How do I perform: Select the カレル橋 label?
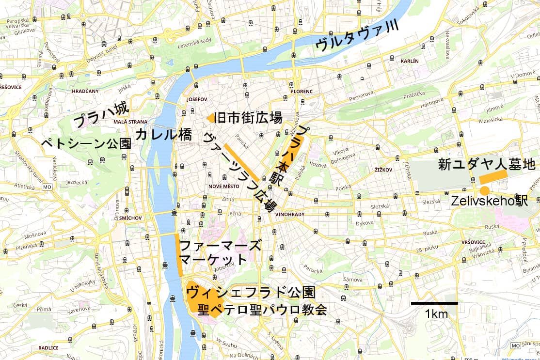click(x=163, y=135)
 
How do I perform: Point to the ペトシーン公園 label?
click(x=86, y=143)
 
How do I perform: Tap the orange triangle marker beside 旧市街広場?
click(x=209, y=118)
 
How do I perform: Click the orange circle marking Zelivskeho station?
click(x=484, y=190)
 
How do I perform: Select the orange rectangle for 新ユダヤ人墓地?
click(x=493, y=177)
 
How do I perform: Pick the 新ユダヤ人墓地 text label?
click(x=487, y=164)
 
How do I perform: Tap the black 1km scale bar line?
click(x=434, y=303)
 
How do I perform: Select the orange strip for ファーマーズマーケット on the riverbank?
click(x=178, y=255)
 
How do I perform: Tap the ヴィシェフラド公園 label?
click(x=251, y=292)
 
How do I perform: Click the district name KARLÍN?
click(x=410, y=61)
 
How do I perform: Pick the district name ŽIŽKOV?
click(x=383, y=170)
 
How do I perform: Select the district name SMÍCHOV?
click(x=130, y=218)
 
